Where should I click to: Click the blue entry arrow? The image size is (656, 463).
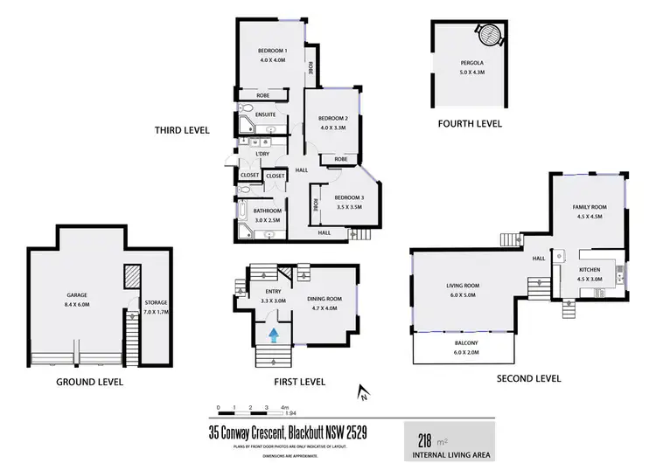[x=275, y=334]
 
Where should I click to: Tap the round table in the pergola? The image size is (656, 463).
[x=490, y=36]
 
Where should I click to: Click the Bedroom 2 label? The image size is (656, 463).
[x=333, y=119]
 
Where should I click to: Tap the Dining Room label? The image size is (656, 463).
[x=325, y=298]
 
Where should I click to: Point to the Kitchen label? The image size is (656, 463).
[x=590, y=271]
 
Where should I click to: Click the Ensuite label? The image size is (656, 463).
[x=266, y=114]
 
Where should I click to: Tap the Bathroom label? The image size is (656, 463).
[x=267, y=211]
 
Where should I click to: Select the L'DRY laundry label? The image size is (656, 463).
[x=262, y=154]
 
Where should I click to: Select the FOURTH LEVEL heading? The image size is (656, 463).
[x=470, y=124]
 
